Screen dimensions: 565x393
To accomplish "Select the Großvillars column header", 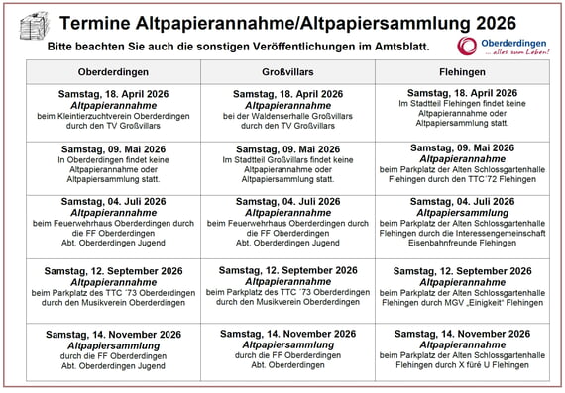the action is pos(287,73).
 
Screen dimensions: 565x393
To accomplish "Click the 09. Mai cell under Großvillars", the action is pos(287,164).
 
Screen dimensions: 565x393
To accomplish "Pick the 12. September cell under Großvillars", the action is pos(287,286).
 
